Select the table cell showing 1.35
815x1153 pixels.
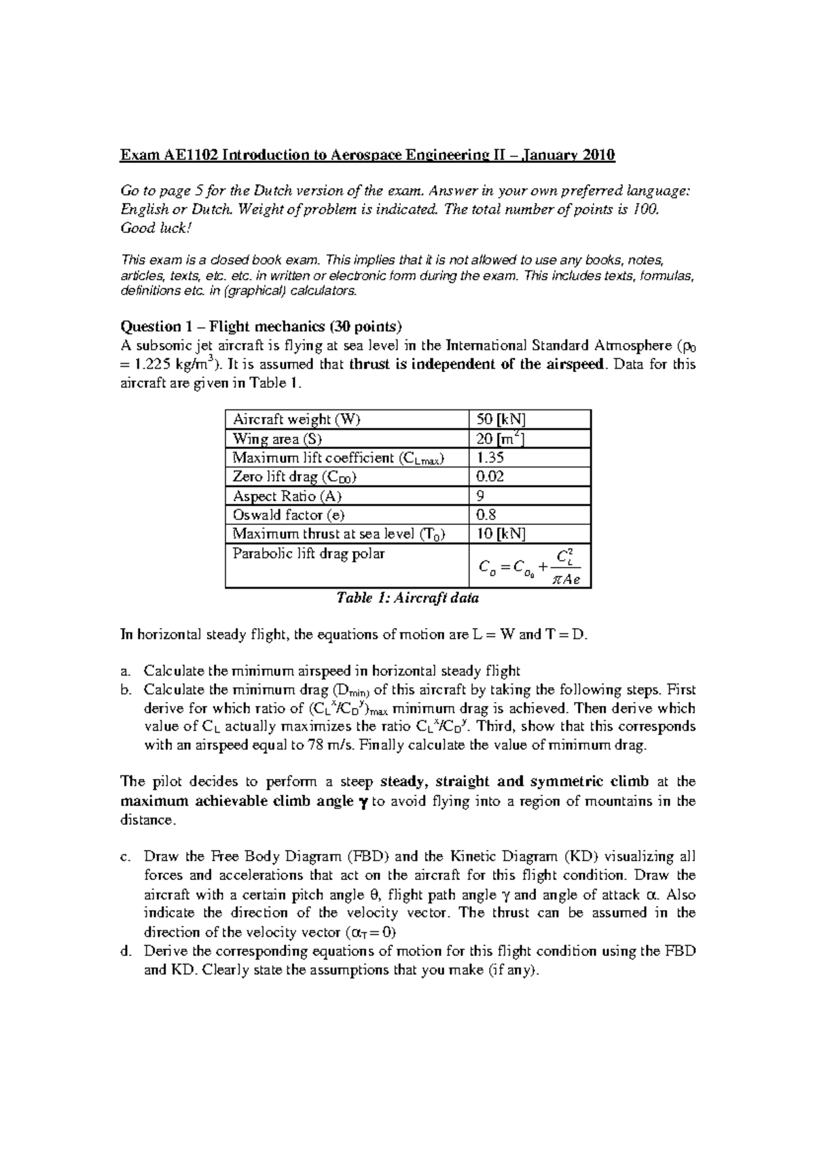click(490, 458)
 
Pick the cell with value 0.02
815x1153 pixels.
click(490, 477)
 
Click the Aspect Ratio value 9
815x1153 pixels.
click(481, 496)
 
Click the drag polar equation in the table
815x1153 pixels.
click(529, 566)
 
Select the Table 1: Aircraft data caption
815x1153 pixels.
click(407, 598)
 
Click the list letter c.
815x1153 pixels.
click(124, 857)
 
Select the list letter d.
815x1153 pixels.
click(124, 951)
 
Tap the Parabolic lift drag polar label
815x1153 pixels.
click(308, 553)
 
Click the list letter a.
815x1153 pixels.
click(124, 672)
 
